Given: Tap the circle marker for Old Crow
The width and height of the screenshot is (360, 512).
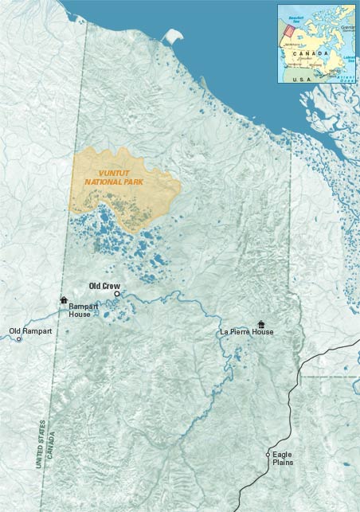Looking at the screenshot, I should point(117,294).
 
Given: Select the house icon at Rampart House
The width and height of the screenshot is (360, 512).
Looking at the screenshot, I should point(64,300).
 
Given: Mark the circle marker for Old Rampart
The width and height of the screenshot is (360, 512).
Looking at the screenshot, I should point(19,339).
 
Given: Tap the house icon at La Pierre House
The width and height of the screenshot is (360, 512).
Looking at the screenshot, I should point(261,324).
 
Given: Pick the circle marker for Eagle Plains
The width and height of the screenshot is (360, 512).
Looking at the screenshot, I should point(268,455).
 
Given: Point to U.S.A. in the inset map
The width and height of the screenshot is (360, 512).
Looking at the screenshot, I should point(302,80).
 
